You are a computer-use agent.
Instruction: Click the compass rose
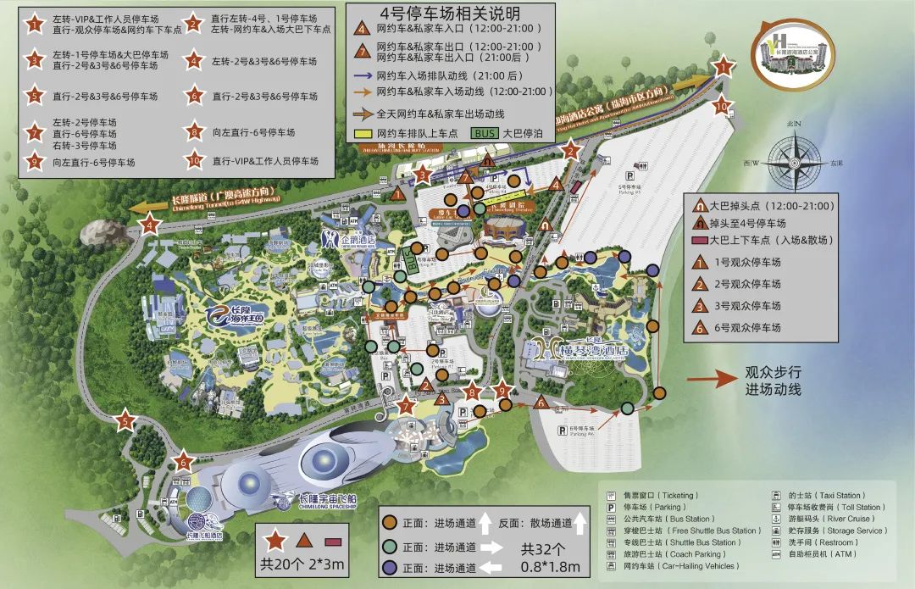795,160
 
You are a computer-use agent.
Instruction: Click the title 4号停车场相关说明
450,14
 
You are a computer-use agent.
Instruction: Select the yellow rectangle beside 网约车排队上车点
363,134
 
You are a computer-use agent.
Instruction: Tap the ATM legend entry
812,554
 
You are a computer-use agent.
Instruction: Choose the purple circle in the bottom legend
391,569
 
